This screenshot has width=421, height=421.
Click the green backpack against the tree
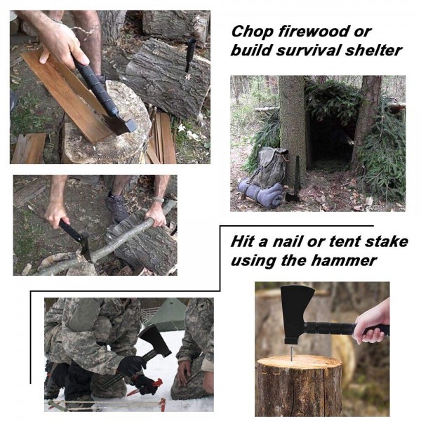pyautogui.click(x=270, y=167)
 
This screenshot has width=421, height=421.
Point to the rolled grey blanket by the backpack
pyautogui.click(x=260, y=193)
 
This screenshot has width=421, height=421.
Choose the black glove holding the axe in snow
pyautogui.click(x=133, y=365)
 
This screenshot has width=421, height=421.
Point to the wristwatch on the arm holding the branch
pyautogui.click(x=158, y=199)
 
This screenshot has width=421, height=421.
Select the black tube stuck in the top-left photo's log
pyautogui.click(x=190, y=55)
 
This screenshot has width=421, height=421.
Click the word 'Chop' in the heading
pyautogui.click(x=252, y=32)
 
